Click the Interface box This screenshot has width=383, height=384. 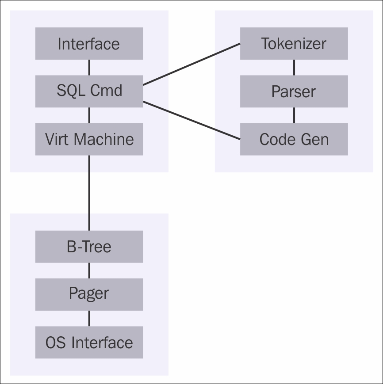click(89, 43)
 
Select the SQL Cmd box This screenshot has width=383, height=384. click(89, 91)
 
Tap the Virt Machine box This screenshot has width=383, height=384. click(89, 139)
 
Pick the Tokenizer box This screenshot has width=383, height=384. click(294, 43)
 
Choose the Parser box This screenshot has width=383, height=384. click(294, 91)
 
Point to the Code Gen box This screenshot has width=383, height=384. click(294, 139)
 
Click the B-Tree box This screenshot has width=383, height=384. click(89, 247)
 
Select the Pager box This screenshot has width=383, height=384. click(89, 294)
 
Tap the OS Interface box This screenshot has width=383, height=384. click(89, 342)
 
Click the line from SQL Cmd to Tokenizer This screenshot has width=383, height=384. click(191, 64)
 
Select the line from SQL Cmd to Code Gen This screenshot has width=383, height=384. click(191, 120)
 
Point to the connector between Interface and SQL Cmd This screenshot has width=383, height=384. click(89, 67)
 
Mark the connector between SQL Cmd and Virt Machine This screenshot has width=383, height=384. click(89, 115)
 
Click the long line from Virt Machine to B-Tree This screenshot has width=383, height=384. click(89, 193)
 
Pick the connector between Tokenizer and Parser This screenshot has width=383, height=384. click(294, 67)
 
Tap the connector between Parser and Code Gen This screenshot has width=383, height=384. click(294, 115)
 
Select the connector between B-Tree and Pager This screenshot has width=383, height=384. click(89, 270)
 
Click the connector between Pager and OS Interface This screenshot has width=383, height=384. click(89, 318)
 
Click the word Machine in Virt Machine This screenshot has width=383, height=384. click(103, 139)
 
